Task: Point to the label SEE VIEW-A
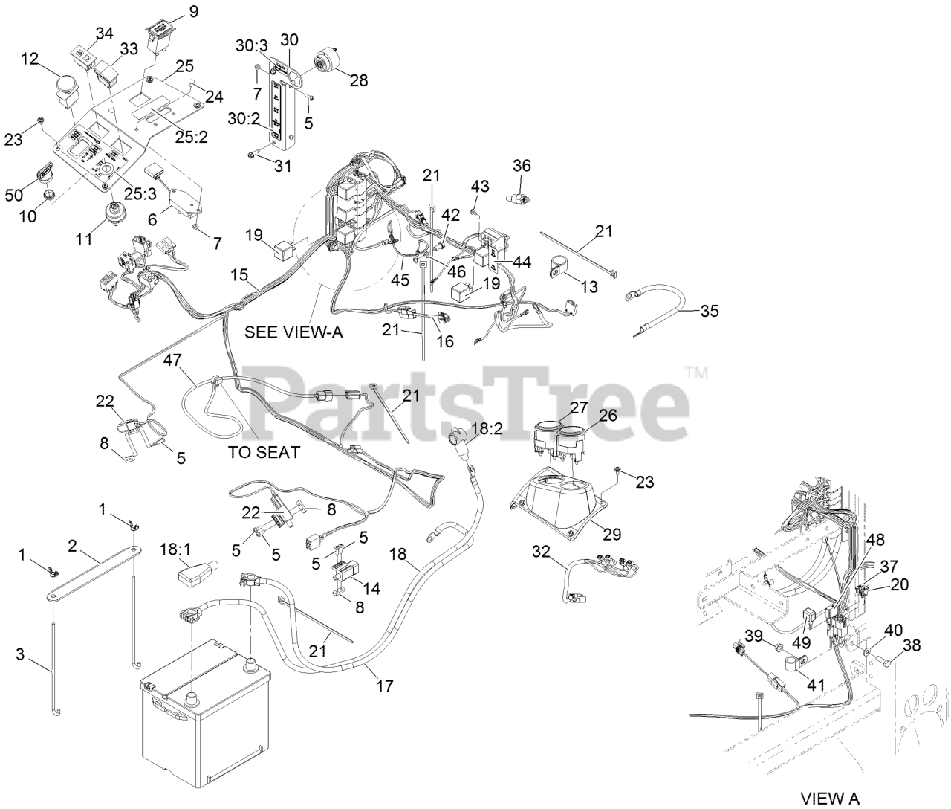[x=293, y=332]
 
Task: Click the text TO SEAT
[x=264, y=451]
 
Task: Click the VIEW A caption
[x=830, y=799]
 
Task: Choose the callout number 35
[x=710, y=311]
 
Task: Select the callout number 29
[x=613, y=533]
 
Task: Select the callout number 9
[x=194, y=11]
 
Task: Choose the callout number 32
[x=541, y=551]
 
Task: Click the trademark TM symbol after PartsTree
[x=696, y=372]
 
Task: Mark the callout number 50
[x=13, y=194]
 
